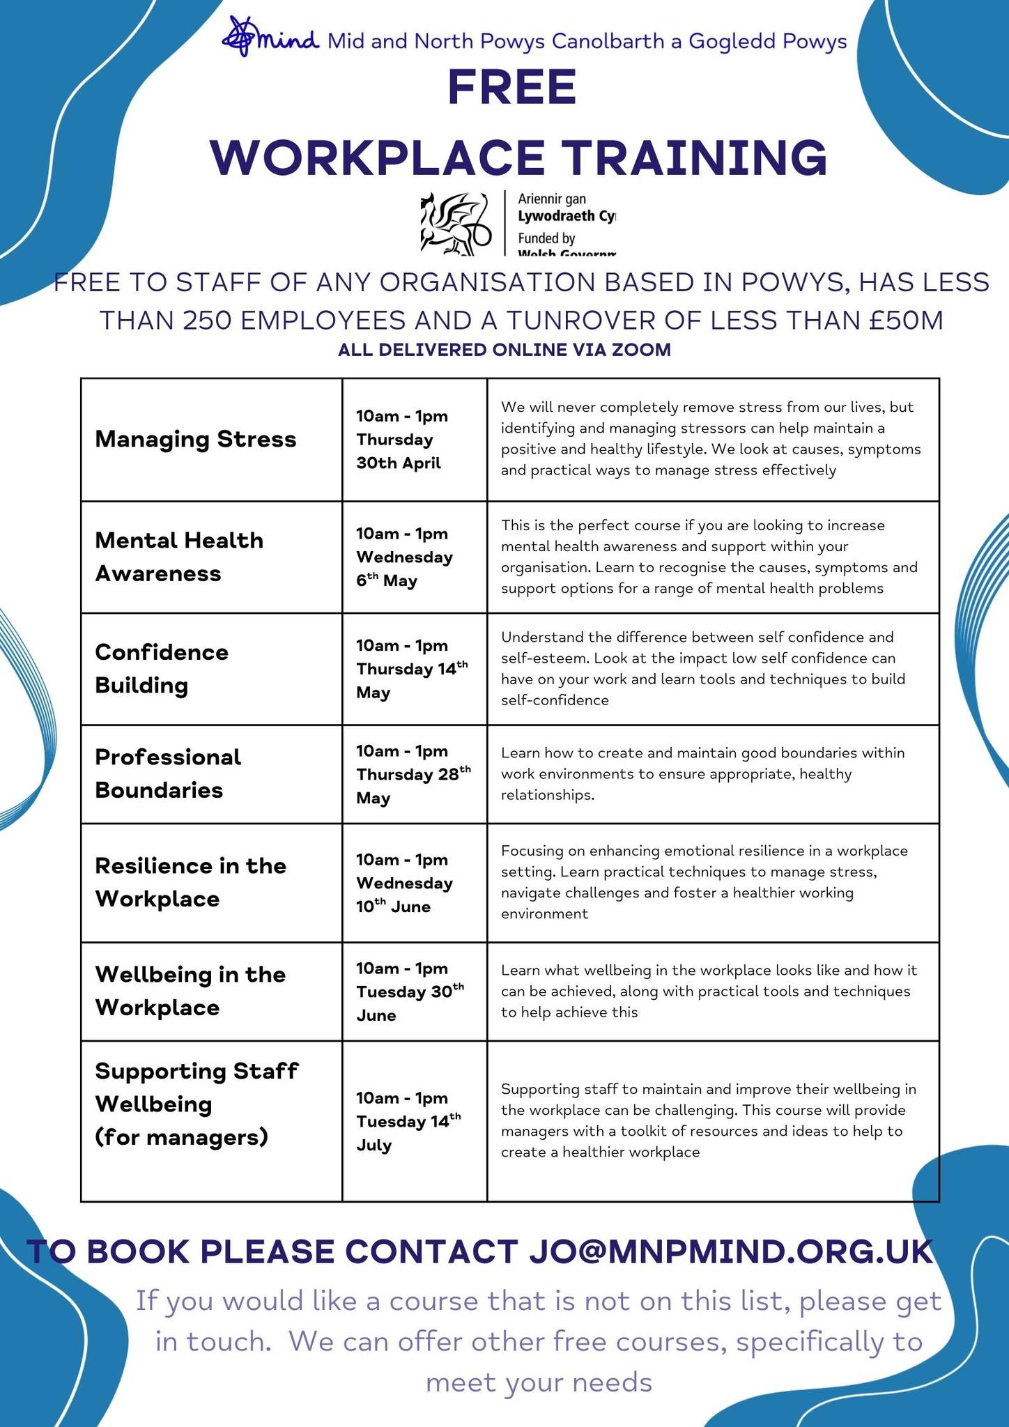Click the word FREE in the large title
tap(511, 88)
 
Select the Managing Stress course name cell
tap(196, 440)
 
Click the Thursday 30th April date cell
tap(402, 440)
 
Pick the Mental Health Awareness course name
tap(179, 557)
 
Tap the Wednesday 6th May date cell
tap(404, 557)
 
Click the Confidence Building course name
tap(162, 669)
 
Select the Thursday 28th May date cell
tap(413, 774)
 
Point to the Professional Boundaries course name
tap(168, 773)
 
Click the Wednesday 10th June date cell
tap(404, 883)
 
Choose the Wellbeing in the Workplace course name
tap(190, 991)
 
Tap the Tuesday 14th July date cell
tap(408, 1121)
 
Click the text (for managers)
tap(182, 1137)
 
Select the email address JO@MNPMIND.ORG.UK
tap(730, 1251)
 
